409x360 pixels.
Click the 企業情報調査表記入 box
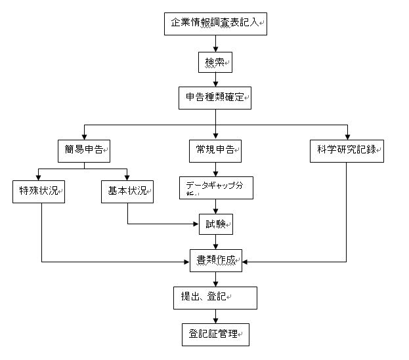pyautogui.click(x=215, y=23)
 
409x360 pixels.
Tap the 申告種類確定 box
pyautogui.click(x=215, y=98)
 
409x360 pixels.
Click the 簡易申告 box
pyautogui.click(x=83, y=150)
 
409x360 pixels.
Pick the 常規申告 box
pyautogui.click(x=215, y=150)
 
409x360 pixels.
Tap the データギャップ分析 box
pyautogui.click(x=215, y=187)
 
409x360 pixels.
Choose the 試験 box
pyautogui.click(x=215, y=224)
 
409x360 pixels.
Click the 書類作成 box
pyautogui.click(x=215, y=260)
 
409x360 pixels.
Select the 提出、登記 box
pyautogui.click(x=215, y=297)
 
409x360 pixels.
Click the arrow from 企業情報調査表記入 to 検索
pyautogui.click(x=215, y=43)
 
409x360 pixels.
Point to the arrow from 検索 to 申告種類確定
pyautogui.click(x=215, y=79)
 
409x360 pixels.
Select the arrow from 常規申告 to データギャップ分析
pyautogui.click(x=215, y=169)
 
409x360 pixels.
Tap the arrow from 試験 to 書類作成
pyautogui.click(x=215, y=242)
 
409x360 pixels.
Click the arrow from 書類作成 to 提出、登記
pyautogui.click(x=215, y=279)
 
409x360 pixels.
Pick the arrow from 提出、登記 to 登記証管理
pyautogui.click(x=215, y=315)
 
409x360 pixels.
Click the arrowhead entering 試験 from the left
pyautogui.click(x=195, y=224)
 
